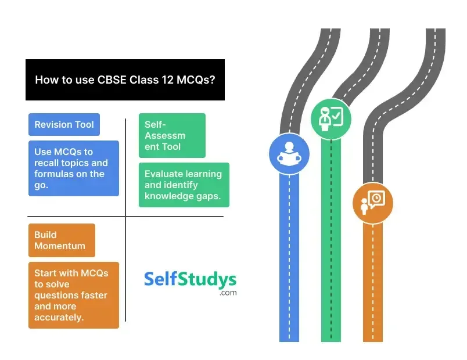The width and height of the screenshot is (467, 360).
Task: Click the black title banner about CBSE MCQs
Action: [125, 80]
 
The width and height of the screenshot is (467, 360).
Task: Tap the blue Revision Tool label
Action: [64, 124]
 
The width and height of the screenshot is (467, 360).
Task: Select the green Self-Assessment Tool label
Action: [171, 135]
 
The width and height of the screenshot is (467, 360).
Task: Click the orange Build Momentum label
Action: [61, 240]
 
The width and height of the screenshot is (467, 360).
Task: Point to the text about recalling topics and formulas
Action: [73, 168]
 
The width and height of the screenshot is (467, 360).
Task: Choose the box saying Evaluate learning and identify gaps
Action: [184, 185]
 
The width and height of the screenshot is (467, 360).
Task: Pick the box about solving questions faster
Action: [73, 295]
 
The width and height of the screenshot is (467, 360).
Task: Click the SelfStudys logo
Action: [190, 280]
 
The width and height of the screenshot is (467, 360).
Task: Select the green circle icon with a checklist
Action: [330, 118]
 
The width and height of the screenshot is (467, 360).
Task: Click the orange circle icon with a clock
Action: [372, 202]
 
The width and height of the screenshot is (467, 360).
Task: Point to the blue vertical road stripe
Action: [289, 261]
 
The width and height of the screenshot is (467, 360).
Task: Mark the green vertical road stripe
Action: [331, 244]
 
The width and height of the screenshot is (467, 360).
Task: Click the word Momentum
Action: [59, 246]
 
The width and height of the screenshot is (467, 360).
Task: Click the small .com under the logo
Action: [228, 293]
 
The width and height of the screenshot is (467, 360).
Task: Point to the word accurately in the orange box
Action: [59, 317]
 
